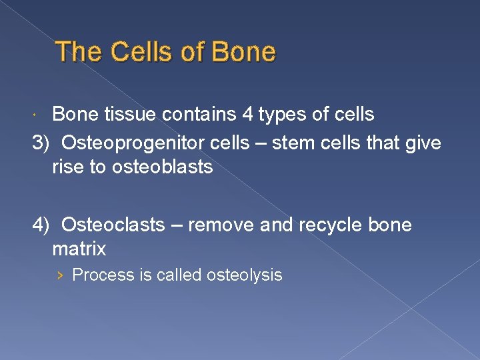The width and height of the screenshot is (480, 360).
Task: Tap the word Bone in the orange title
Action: click(x=243, y=52)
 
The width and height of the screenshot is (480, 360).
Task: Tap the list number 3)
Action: click(x=43, y=142)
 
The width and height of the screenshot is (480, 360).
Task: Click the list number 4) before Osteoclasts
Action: click(x=43, y=225)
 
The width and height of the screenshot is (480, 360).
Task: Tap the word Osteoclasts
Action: click(x=112, y=225)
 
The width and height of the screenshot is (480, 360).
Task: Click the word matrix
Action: click(x=79, y=249)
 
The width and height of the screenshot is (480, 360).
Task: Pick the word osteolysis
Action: click(x=245, y=275)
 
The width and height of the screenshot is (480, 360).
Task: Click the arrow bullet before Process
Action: click(x=61, y=275)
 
